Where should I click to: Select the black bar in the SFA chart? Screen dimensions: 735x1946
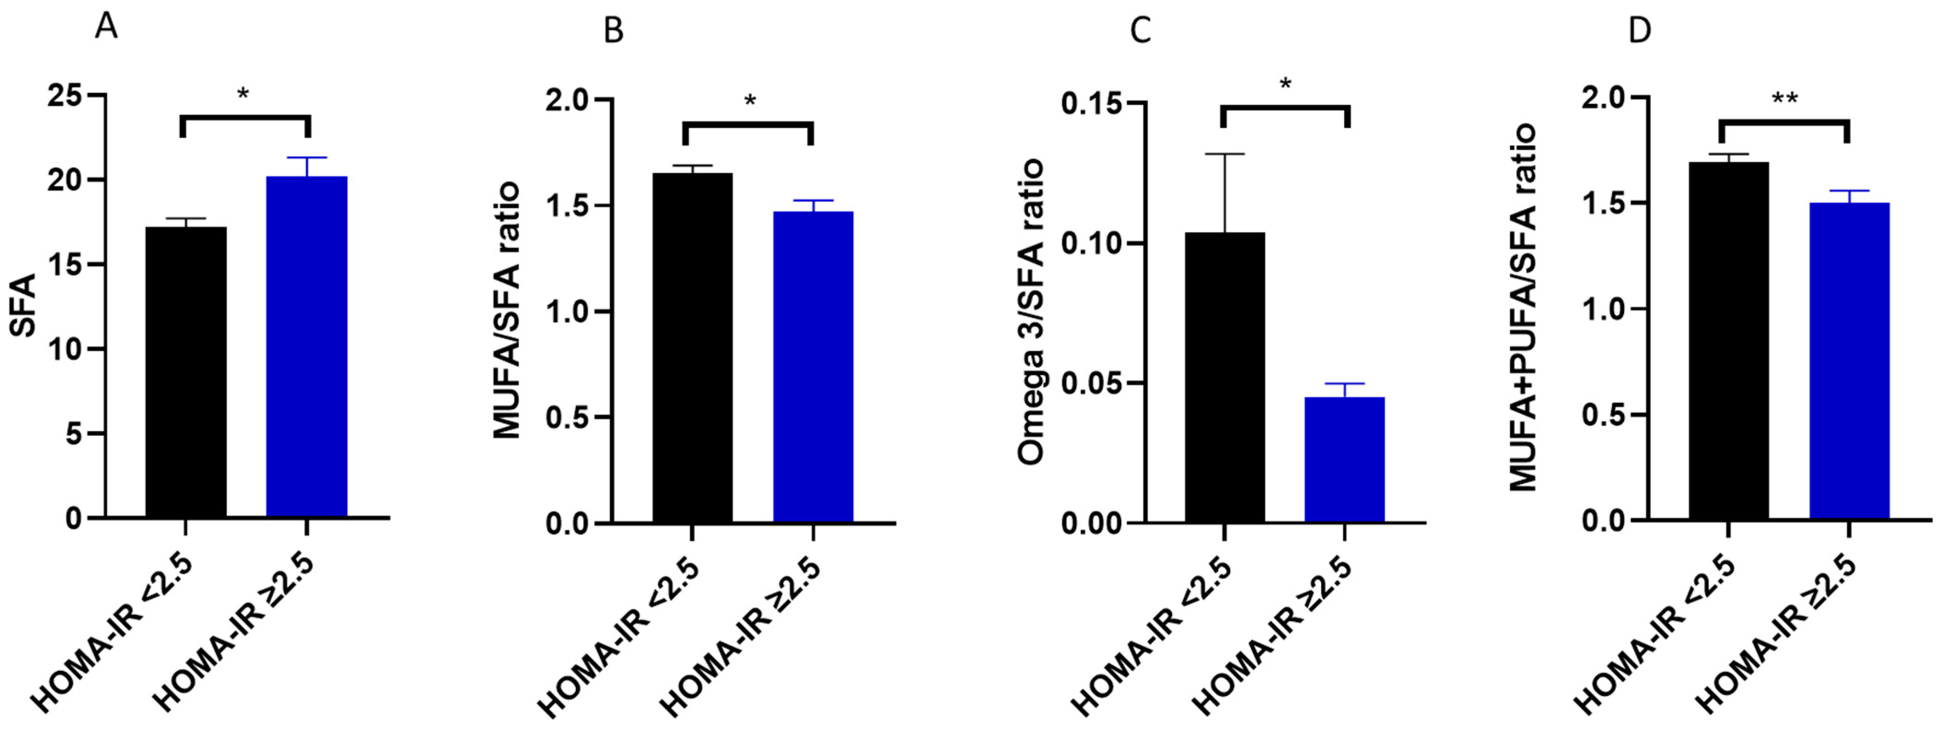click(186, 372)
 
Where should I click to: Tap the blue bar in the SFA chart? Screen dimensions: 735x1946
click(307, 346)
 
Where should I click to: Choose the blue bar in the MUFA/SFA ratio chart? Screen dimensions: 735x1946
click(813, 366)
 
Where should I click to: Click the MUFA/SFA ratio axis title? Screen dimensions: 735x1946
click(507, 310)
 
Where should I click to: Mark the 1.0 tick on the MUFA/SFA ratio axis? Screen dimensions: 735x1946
click(568, 311)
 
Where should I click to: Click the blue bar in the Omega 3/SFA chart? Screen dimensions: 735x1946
click(1345, 459)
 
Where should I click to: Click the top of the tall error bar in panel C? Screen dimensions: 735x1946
click(1224, 154)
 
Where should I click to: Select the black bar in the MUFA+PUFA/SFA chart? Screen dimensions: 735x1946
click(1729, 340)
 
